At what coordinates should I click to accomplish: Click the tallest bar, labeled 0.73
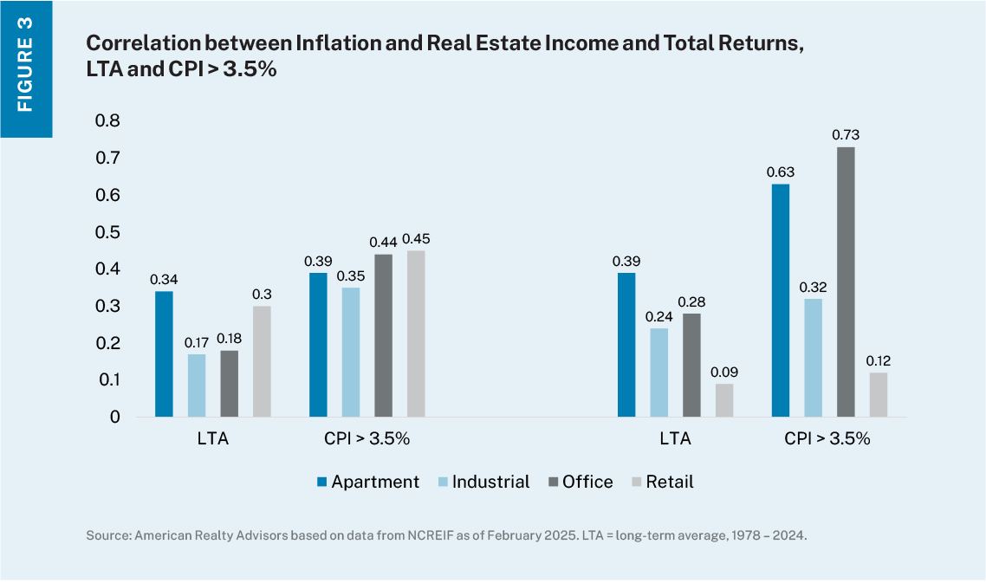tap(846, 282)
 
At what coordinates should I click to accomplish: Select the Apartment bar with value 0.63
tap(780, 301)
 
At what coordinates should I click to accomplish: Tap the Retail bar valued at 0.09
tap(723, 400)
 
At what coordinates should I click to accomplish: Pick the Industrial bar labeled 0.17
tap(197, 385)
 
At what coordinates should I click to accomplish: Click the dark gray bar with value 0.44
tap(383, 335)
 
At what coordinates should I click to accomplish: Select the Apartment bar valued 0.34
tap(164, 354)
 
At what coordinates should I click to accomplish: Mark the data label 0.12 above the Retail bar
tap(879, 360)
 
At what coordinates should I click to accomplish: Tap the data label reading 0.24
tap(658, 316)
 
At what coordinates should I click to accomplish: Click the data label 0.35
tap(351, 275)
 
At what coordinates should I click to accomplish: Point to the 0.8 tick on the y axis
tap(108, 120)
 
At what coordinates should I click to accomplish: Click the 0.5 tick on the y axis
tap(108, 232)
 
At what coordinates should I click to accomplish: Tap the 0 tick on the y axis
tap(114, 418)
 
